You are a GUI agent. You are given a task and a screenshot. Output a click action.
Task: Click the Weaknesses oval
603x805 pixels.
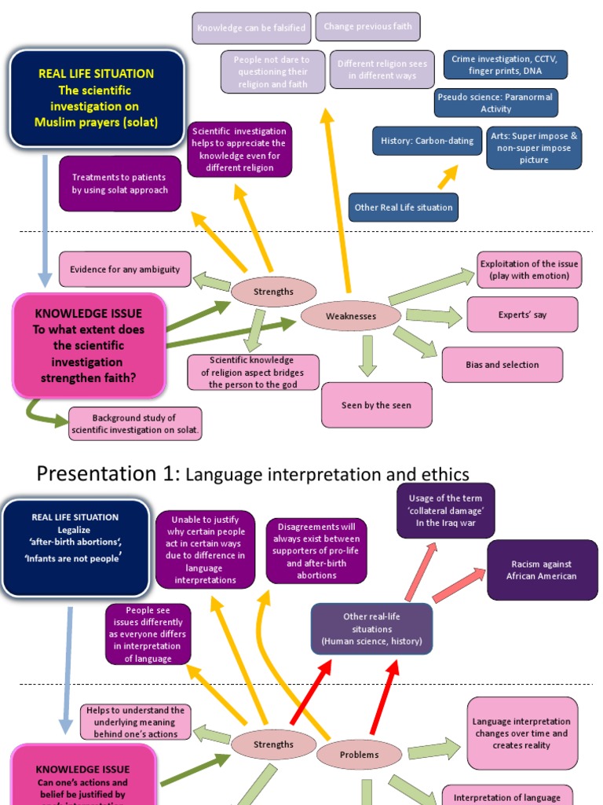[x=350, y=316]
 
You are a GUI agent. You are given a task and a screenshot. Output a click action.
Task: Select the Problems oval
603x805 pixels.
[x=359, y=755]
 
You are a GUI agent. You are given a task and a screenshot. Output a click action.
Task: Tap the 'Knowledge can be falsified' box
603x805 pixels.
[x=250, y=28]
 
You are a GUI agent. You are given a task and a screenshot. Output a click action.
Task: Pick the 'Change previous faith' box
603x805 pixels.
[x=367, y=27]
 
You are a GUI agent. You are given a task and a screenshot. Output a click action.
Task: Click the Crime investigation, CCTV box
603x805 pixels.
[x=505, y=65]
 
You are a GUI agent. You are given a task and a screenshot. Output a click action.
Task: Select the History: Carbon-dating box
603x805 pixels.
[x=427, y=141]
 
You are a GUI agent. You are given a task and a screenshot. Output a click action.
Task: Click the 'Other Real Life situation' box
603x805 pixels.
[x=404, y=208]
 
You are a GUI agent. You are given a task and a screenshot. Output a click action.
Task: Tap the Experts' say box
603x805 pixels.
[x=522, y=314]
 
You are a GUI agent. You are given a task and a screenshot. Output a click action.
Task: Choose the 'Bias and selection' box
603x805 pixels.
[x=502, y=365]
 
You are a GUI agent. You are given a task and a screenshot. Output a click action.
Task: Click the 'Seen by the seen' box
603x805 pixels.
[x=376, y=405]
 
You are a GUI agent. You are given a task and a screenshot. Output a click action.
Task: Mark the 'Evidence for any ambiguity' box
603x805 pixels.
[x=125, y=270]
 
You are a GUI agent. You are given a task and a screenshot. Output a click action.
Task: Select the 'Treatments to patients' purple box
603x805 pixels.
[x=120, y=184]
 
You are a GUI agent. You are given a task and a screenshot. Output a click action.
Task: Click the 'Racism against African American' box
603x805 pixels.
[x=542, y=570]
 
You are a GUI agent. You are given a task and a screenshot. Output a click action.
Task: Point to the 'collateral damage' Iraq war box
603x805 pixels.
[x=445, y=510]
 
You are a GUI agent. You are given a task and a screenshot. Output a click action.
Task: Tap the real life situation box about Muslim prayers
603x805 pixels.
[x=97, y=98]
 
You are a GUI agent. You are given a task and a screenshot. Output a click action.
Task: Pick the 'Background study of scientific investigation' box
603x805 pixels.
[x=135, y=424]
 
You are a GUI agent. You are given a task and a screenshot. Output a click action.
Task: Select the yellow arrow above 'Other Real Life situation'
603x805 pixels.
[x=448, y=178]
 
